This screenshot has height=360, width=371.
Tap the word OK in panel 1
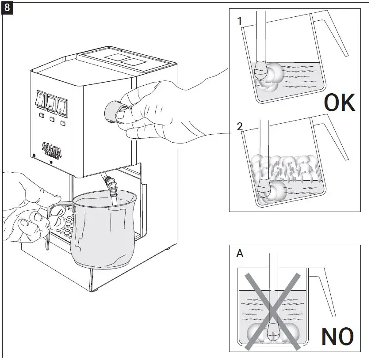tap(339, 103)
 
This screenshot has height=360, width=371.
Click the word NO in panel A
tap(337, 337)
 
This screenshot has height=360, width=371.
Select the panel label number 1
tap(240, 21)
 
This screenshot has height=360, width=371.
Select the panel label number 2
tap(240, 127)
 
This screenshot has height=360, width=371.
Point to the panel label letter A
tap(240, 254)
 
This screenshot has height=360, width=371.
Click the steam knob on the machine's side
tap(114, 110)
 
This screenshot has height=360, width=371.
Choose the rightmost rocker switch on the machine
tap(63, 104)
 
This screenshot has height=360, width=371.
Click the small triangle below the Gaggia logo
tap(52, 163)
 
